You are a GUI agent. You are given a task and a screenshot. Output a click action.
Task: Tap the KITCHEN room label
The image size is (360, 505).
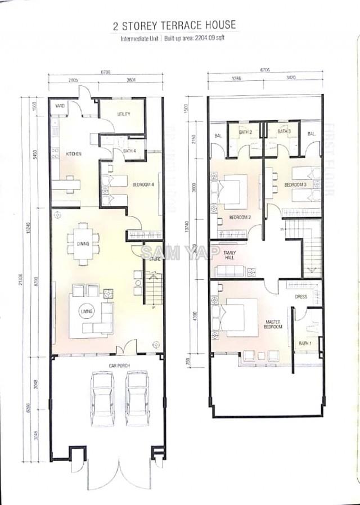click(74, 154)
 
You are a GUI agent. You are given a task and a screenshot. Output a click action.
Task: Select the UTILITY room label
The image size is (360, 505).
click(124, 114)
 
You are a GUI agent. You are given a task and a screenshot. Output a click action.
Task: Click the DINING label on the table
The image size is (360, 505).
click(83, 244)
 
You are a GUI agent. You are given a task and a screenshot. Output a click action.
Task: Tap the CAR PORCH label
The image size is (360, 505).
click(105, 366)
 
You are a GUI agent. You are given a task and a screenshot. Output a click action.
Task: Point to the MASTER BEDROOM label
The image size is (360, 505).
click(273, 324)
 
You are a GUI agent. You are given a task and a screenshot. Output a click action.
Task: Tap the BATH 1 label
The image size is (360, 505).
click(304, 343)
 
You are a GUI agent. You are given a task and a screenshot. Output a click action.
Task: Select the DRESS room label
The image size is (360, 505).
click(301, 296)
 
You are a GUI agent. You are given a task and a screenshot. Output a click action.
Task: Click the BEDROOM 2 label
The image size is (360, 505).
click(240, 217)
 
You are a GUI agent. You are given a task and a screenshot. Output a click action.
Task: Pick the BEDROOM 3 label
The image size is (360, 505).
click(295, 184)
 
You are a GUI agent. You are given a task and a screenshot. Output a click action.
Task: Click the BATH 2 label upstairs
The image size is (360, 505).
click(246, 132)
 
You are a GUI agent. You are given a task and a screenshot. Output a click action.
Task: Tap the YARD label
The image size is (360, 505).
click(59, 106)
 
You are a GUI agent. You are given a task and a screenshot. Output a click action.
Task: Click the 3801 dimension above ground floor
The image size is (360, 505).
click(131, 80)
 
